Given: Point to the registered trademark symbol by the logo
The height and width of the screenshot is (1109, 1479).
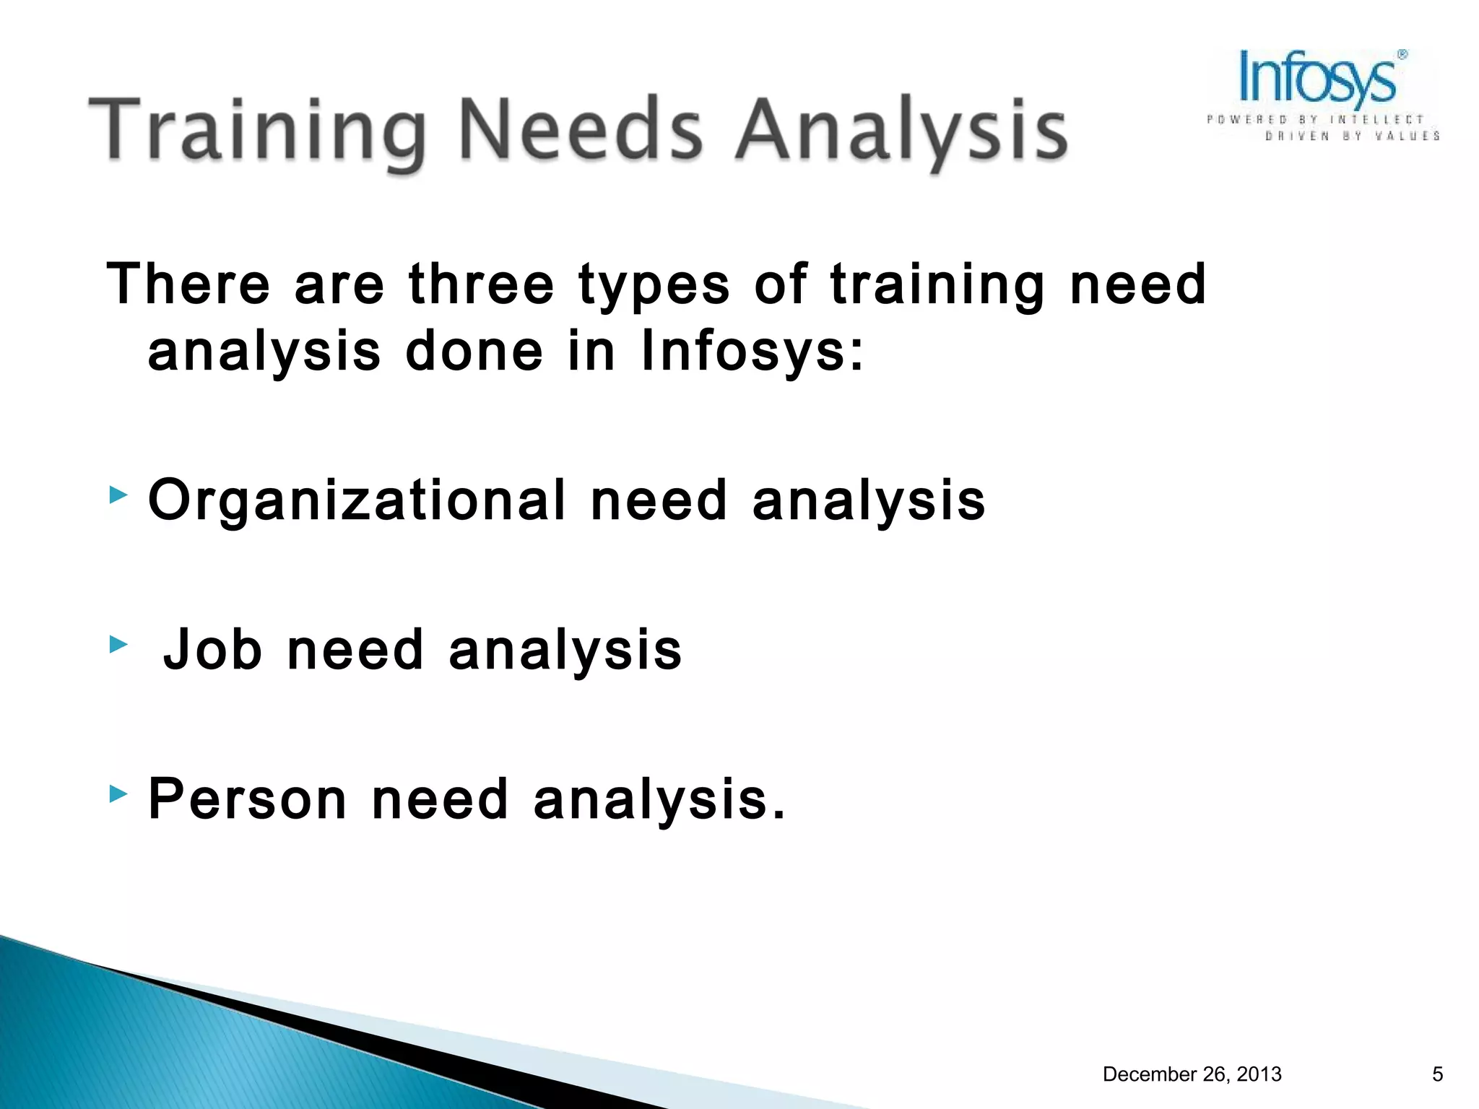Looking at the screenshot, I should coord(1402,55).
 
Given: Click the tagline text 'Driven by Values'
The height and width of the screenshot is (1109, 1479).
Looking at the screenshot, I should coord(1352,136).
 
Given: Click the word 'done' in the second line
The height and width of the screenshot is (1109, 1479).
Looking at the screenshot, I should coord(474,352).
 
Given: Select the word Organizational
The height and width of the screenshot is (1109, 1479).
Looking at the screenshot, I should coord(357,501).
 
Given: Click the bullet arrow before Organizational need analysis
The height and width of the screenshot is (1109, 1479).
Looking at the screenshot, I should coord(118,495).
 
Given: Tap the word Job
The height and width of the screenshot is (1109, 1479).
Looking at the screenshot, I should coord(213,649).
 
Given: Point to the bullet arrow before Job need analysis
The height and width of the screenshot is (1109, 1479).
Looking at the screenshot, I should coord(118,644).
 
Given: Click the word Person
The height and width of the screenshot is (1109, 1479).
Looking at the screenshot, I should coord(248,799).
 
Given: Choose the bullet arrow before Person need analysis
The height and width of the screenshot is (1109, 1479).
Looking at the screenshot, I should coord(118,794).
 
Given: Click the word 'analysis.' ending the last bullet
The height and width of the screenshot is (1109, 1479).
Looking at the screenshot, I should coord(659,800).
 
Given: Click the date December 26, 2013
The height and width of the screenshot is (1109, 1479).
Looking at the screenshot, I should coord(1192,1074).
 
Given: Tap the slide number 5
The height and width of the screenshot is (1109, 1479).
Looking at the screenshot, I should coord(1437,1074).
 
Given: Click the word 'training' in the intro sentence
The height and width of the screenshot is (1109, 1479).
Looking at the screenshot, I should coord(937,285).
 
